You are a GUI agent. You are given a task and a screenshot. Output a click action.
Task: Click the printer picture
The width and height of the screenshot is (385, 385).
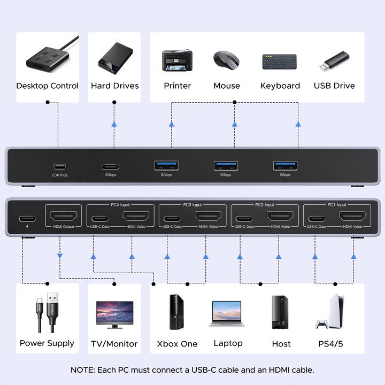click(177, 61)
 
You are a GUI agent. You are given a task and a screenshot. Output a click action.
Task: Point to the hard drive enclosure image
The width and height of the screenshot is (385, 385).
click(114, 59)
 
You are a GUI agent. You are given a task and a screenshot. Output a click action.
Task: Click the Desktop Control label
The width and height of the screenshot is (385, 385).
click(47, 86)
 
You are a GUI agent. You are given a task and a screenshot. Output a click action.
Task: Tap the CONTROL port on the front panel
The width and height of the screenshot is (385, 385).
click(60, 166)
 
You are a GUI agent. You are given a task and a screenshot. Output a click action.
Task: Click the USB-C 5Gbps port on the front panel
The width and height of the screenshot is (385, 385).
click(111, 166)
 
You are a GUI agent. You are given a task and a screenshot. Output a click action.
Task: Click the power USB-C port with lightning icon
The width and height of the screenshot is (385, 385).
click(27, 218)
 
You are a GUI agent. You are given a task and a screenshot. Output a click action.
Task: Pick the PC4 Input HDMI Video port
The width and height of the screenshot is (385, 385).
click(135, 218)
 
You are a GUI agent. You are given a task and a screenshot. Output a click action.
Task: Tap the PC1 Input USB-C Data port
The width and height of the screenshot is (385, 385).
click(316, 218)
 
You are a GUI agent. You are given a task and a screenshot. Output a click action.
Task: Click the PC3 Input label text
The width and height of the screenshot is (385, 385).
click(193, 204)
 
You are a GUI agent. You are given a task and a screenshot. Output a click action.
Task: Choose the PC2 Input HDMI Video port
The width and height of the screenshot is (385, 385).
click(279, 218)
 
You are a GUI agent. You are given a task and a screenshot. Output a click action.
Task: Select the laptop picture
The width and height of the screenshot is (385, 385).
click(228, 313)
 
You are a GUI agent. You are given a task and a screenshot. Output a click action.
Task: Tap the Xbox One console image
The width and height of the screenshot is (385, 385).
click(177, 312)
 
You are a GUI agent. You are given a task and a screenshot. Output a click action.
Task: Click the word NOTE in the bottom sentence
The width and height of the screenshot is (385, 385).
click(82, 369)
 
